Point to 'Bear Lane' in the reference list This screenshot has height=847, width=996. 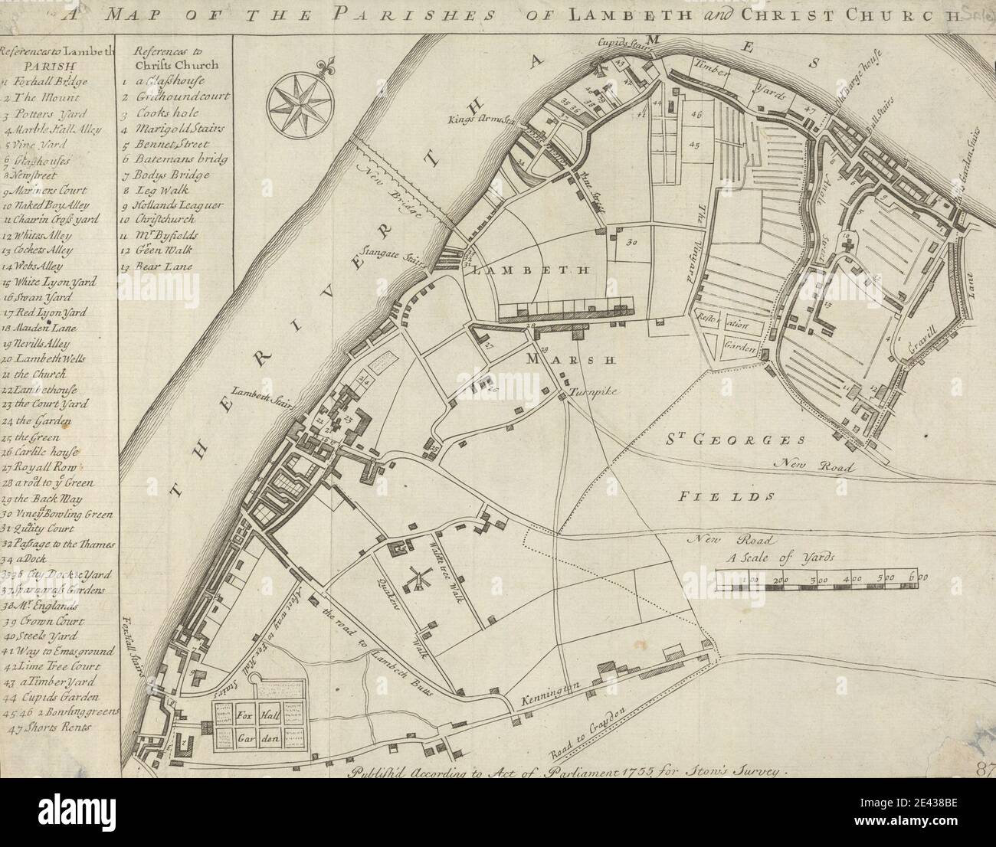(169, 267)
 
